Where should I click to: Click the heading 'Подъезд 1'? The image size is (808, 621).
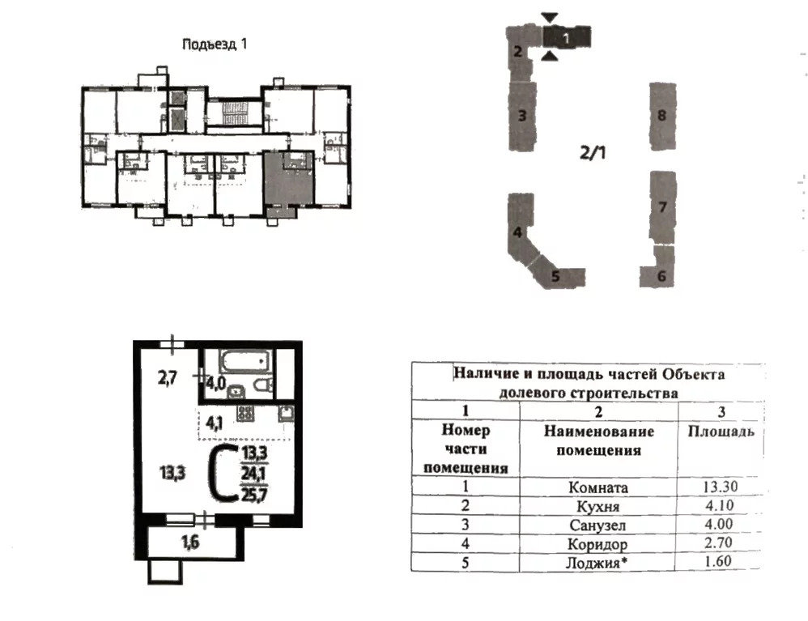[x=215, y=45]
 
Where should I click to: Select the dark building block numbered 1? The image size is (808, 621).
[x=566, y=36]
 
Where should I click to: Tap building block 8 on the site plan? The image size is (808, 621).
[x=662, y=116]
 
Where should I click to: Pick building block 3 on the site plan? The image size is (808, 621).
[x=522, y=116]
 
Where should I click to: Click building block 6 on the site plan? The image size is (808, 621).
[x=658, y=268]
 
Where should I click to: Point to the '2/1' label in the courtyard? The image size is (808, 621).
[x=593, y=152]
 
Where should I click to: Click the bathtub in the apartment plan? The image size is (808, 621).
[x=245, y=361]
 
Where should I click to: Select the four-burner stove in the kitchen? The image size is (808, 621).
[x=245, y=413]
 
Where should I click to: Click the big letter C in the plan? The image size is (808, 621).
[x=222, y=473]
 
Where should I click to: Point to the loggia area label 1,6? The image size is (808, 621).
[x=190, y=542]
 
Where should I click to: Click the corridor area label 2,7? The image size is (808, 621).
[x=168, y=378]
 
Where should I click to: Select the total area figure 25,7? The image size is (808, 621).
[x=254, y=495]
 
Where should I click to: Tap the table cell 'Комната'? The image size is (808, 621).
[x=597, y=487]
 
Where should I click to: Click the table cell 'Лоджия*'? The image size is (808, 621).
[x=597, y=562]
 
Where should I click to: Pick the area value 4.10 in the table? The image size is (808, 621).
[x=720, y=505]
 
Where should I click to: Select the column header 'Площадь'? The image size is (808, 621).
[x=721, y=432]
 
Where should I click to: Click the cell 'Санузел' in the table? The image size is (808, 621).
[x=597, y=525]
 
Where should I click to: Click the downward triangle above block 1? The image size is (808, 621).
[x=550, y=18]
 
